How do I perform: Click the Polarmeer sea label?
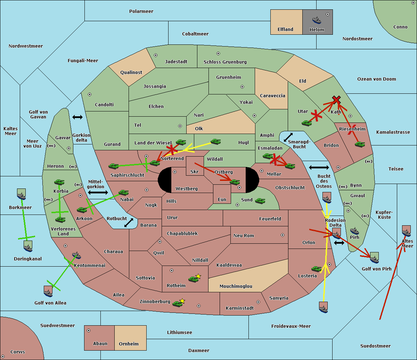(x=141, y=11)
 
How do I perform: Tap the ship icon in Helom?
(x=317, y=20)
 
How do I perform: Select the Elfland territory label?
(x=285, y=30)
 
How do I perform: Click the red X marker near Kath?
(x=336, y=100)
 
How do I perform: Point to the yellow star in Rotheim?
(x=198, y=276)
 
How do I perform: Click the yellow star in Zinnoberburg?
(x=182, y=301)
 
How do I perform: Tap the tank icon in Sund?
(x=260, y=201)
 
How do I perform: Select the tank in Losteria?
(x=316, y=268)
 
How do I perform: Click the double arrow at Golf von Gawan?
(x=77, y=117)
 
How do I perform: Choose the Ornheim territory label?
(x=129, y=344)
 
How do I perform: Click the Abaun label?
(x=100, y=344)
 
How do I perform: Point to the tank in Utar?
(x=306, y=123)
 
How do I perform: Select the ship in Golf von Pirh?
(x=374, y=258)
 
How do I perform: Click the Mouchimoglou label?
(x=236, y=286)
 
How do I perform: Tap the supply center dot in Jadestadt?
(x=156, y=55)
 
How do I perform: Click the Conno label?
(x=400, y=27)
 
